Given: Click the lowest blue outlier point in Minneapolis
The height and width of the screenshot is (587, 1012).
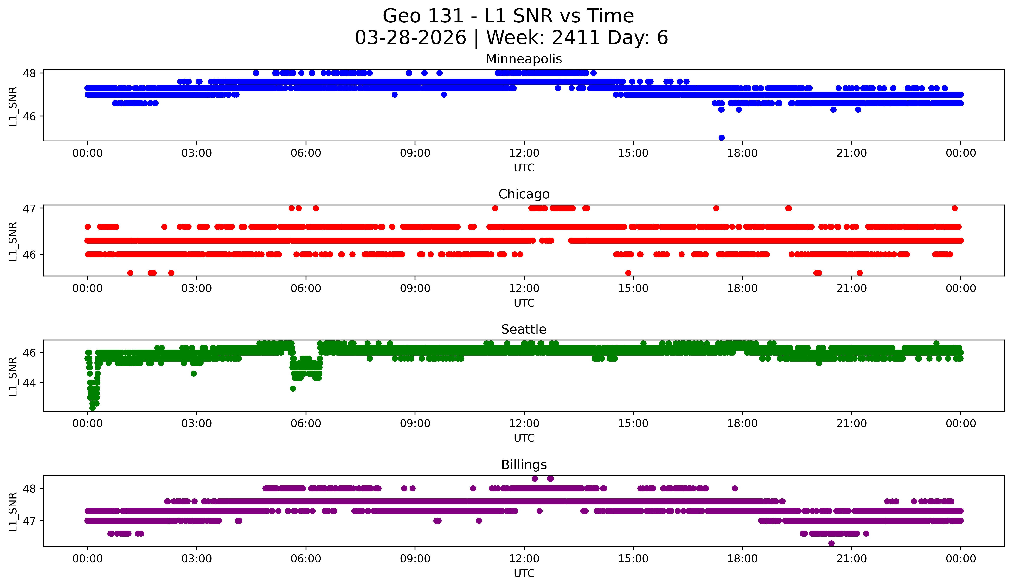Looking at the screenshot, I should tap(721, 138).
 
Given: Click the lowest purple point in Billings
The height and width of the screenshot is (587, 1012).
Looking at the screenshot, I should tap(831, 543).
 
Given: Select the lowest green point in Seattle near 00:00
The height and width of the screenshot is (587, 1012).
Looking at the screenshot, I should tap(92, 408).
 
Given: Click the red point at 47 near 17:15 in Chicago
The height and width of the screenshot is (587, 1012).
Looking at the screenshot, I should tap(716, 208).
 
